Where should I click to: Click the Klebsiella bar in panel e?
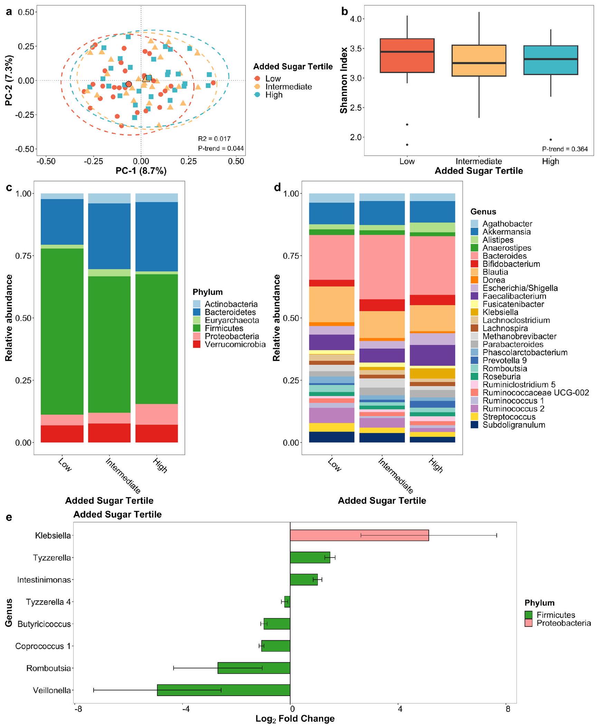click(359, 535)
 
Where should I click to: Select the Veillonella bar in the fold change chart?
click(224, 690)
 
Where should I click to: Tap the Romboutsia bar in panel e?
click(254, 668)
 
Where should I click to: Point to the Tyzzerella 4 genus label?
click(48, 602)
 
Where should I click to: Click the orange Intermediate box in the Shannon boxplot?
click(479, 60)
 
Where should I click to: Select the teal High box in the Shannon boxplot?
click(551, 60)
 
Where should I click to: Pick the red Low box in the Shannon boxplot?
click(407, 56)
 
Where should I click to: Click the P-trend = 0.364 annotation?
click(565, 149)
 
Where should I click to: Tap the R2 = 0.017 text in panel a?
click(214, 139)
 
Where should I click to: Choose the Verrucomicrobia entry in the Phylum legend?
click(235, 344)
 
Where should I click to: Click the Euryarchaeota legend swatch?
click(197, 320)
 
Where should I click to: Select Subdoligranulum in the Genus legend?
click(513, 425)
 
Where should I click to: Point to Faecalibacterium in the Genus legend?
click(514, 296)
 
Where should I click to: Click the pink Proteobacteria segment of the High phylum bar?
click(157, 414)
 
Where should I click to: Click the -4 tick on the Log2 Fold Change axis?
click(186, 709)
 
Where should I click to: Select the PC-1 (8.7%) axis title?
click(141, 171)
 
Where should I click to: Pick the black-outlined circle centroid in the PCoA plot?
click(129, 84)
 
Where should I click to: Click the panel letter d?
click(277, 188)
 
